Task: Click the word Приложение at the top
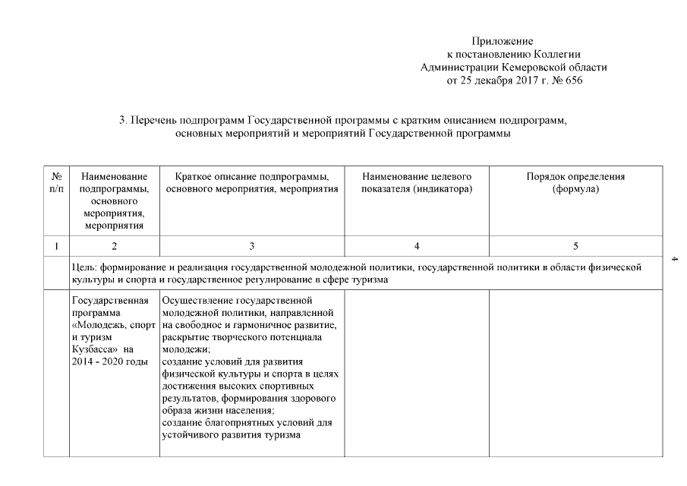tap(502, 41)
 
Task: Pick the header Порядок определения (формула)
tap(575, 182)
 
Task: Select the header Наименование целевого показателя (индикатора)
tap(417, 182)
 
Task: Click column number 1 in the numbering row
tap(56, 246)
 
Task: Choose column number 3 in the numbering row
tap(251, 246)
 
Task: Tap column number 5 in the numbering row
tap(575, 246)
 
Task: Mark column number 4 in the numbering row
tap(417, 246)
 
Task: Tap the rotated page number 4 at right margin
tap(674, 261)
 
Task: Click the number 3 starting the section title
tap(121, 120)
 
